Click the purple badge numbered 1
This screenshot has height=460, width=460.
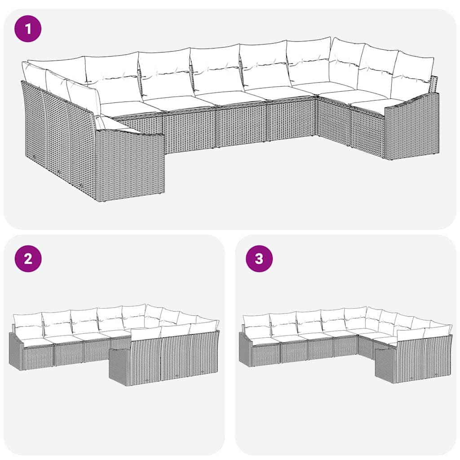tap(28, 29)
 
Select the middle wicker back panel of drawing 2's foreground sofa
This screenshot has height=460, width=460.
tap(175, 358)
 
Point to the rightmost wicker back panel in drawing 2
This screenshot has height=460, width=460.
tap(204, 355)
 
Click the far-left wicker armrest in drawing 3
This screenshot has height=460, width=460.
tap(245, 350)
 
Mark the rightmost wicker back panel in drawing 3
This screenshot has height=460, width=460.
tap(438, 357)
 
